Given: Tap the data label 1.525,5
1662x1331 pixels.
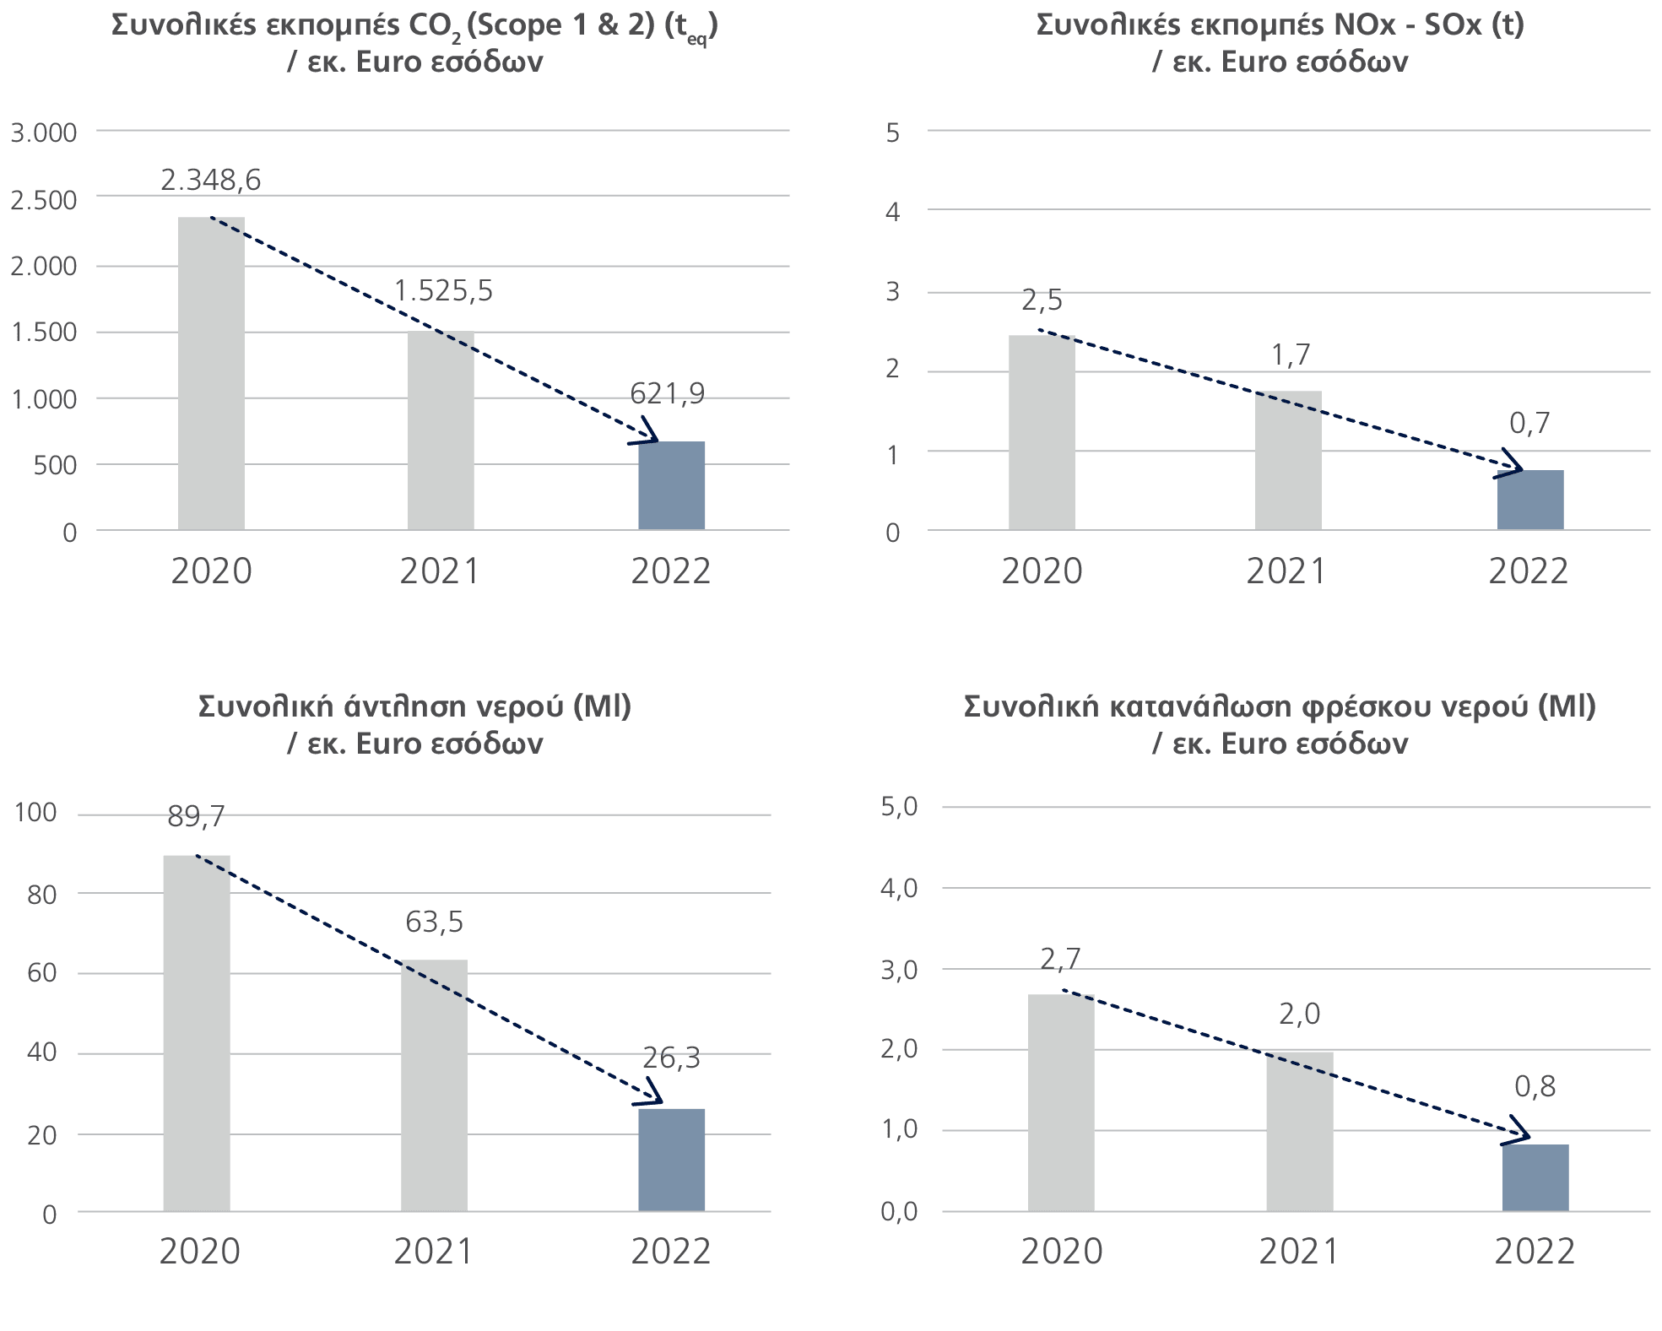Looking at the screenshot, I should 443,291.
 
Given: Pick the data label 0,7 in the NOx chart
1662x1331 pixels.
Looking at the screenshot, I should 1529,423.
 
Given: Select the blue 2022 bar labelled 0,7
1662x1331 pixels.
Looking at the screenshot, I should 1530,500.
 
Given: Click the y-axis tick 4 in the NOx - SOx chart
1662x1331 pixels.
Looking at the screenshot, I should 892,213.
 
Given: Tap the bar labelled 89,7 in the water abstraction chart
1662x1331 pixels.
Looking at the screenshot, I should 197,1033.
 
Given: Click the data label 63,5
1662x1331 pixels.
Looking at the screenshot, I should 434,922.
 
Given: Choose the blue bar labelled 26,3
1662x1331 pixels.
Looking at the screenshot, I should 671,1160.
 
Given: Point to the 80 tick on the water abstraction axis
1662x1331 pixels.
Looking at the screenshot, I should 41,894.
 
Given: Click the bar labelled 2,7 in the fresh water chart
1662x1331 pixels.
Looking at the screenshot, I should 1061,1102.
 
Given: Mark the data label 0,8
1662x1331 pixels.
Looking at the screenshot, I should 1535,1086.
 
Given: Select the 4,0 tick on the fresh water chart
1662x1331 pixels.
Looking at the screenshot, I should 898,888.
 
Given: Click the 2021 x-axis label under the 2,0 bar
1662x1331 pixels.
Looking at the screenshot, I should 1299,1252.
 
